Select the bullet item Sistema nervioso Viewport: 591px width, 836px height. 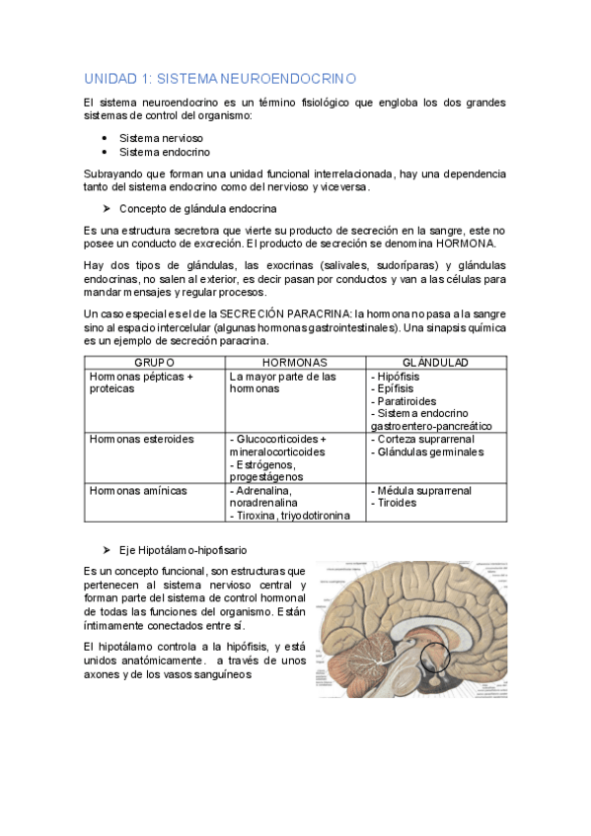pyautogui.click(x=160, y=138)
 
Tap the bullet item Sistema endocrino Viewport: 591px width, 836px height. pyautogui.click(x=164, y=153)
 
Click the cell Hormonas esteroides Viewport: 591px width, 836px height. pyautogui.click(x=141, y=439)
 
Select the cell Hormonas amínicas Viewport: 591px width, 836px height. pyautogui.click(x=138, y=490)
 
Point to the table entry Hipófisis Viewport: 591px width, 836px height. pyautogui.click(x=398, y=377)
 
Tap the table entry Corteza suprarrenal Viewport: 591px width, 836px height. pyautogui.click(x=424, y=439)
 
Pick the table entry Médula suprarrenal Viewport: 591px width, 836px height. pyautogui.click(x=423, y=490)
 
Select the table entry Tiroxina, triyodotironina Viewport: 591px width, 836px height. pyautogui.click(x=289, y=516)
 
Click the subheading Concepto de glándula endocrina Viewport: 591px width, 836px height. pyautogui.click(x=197, y=209)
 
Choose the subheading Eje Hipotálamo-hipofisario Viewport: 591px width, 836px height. pyautogui.click(x=183, y=548)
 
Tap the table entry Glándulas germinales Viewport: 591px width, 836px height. pyautogui.click(x=429, y=452)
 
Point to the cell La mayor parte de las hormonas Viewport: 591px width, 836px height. pyautogui.click(x=282, y=383)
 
